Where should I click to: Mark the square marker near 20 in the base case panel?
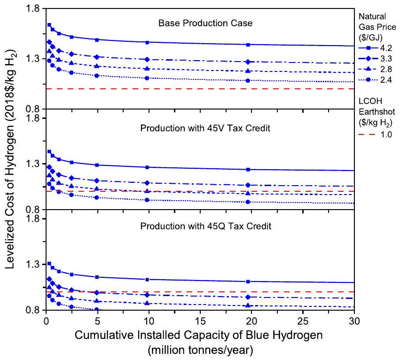coord(248,44)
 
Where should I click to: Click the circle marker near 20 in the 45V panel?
coord(248,202)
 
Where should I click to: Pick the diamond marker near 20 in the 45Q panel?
coord(248,297)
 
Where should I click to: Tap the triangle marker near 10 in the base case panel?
coord(148,69)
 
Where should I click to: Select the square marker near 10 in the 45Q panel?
coord(148,280)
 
